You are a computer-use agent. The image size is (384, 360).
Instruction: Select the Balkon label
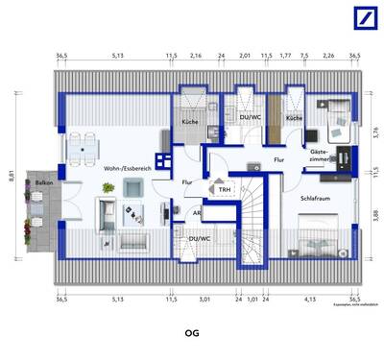point(44,181)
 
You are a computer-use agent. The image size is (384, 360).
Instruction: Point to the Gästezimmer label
point(320,156)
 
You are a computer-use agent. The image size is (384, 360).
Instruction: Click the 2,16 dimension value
point(196,57)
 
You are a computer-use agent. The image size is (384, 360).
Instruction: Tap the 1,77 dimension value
point(285,57)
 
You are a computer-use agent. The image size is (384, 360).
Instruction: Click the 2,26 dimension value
point(328,57)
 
